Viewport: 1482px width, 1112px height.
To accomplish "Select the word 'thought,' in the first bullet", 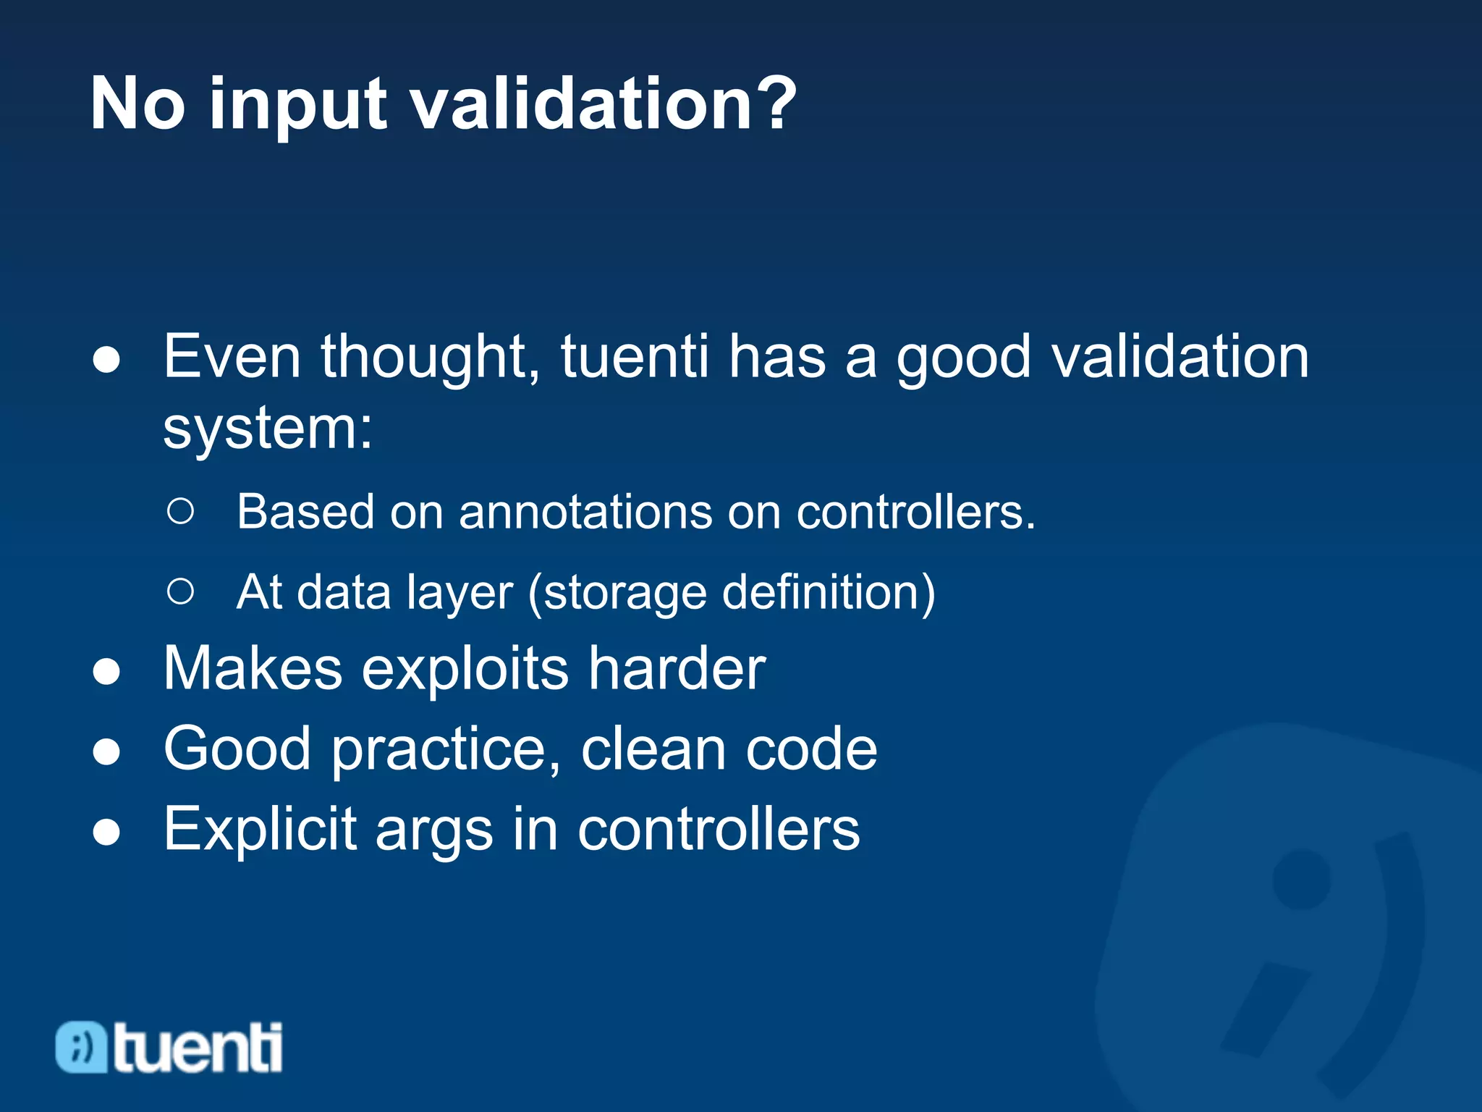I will click(x=430, y=358).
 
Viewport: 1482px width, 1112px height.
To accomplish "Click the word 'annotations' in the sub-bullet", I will click(x=585, y=513).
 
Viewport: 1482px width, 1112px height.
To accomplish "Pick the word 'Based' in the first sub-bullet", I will click(x=305, y=513).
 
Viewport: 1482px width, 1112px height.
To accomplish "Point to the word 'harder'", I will click(x=676, y=669).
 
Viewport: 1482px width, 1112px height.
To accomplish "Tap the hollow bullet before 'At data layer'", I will click(x=180, y=591).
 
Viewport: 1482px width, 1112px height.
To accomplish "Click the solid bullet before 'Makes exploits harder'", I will click(x=106, y=672).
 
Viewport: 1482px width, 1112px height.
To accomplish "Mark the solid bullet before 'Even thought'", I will click(x=106, y=360).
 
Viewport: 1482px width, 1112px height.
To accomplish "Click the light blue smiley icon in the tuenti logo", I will click(x=82, y=1047).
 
